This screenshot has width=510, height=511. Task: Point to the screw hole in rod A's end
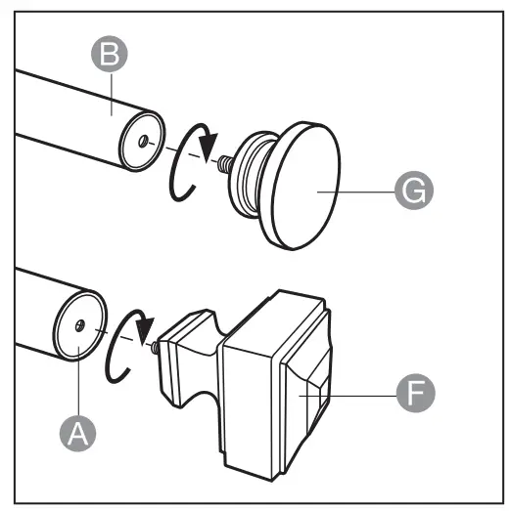pyautogui.click(x=78, y=323)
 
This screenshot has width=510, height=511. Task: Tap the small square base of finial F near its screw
pyautogui.click(x=175, y=347)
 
